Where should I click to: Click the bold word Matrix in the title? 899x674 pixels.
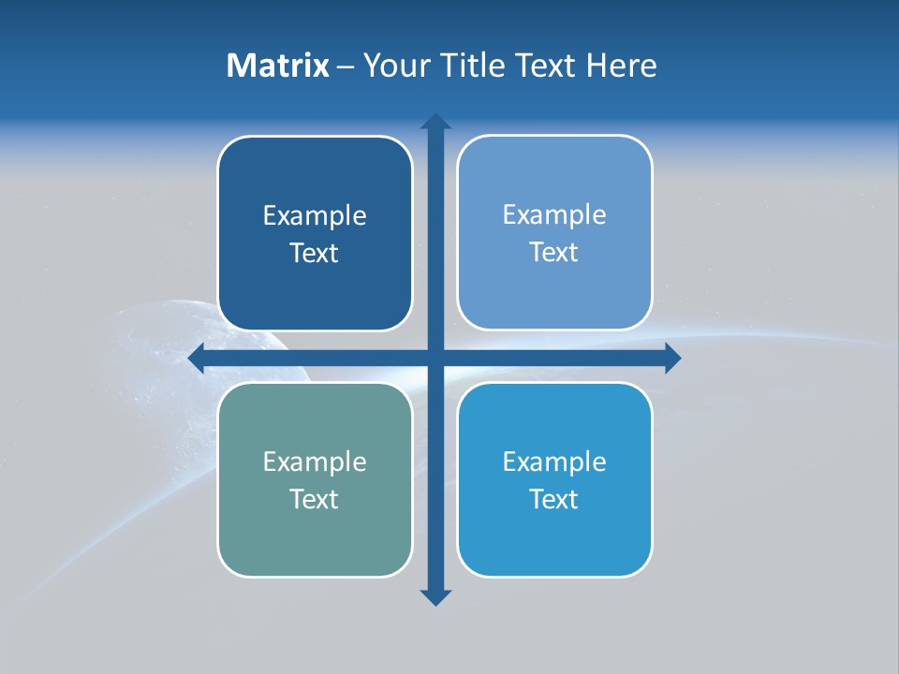coord(278,66)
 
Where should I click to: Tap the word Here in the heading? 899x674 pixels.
coord(621,66)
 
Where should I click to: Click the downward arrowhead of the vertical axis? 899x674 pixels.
coord(435,596)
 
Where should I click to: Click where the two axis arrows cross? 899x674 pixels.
coord(435,358)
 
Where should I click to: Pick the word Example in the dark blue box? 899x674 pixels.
coord(315,216)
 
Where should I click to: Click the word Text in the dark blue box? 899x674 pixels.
coord(315,254)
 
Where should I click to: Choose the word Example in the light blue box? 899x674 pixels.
coord(554,215)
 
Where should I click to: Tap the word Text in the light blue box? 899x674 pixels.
coord(554,253)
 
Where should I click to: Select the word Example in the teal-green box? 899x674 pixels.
coord(315,462)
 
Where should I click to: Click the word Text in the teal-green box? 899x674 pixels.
coord(315,499)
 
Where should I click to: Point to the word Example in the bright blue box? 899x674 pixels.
coord(554,462)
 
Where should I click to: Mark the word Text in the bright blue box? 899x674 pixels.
coord(554,499)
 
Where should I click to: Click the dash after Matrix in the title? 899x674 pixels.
coord(346,66)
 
